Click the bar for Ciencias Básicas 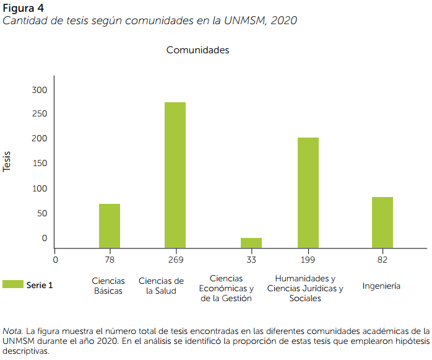[x=110, y=226]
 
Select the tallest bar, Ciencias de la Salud [x=175, y=175]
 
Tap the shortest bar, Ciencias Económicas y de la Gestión [x=251, y=242]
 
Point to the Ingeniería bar [x=382, y=222]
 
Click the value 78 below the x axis [x=110, y=259]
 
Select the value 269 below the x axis [x=176, y=259]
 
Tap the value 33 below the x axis [x=251, y=259]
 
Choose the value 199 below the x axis [x=308, y=259]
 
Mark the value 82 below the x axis [x=382, y=259]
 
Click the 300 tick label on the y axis [x=40, y=90]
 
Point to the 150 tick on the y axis [x=40, y=164]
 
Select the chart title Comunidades [x=197, y=50]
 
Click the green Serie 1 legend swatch [x=12, y=284]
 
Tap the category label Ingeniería [x=381, y=286]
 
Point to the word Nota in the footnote [x=12, y=330]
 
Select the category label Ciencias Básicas [x=108, y=286]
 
